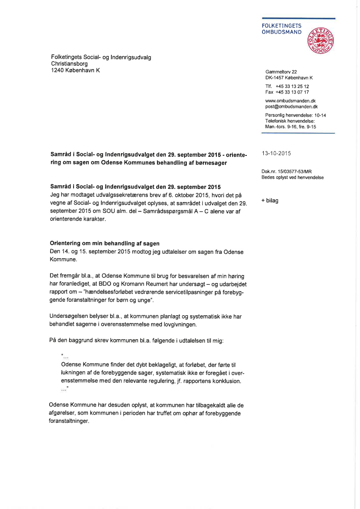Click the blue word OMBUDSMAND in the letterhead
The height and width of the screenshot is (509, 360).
[x=281, y=32]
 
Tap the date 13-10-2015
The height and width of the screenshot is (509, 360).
[x=276, y=153]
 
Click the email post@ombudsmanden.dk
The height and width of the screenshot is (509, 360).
[x=291, y=106]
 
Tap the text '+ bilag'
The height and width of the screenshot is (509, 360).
[x=269, y=201]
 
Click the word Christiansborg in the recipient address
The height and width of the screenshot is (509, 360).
[x=69, y=64]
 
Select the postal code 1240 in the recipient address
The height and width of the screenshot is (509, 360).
[x=57, y=70]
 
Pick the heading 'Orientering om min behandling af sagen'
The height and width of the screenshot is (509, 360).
[x=104, y=243]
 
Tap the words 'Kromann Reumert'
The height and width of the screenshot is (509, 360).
[x=160, y=283]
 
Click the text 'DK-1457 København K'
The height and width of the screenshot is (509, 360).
[x=289, y=78]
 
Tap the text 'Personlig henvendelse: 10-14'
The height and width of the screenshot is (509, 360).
[x=296, y=115]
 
